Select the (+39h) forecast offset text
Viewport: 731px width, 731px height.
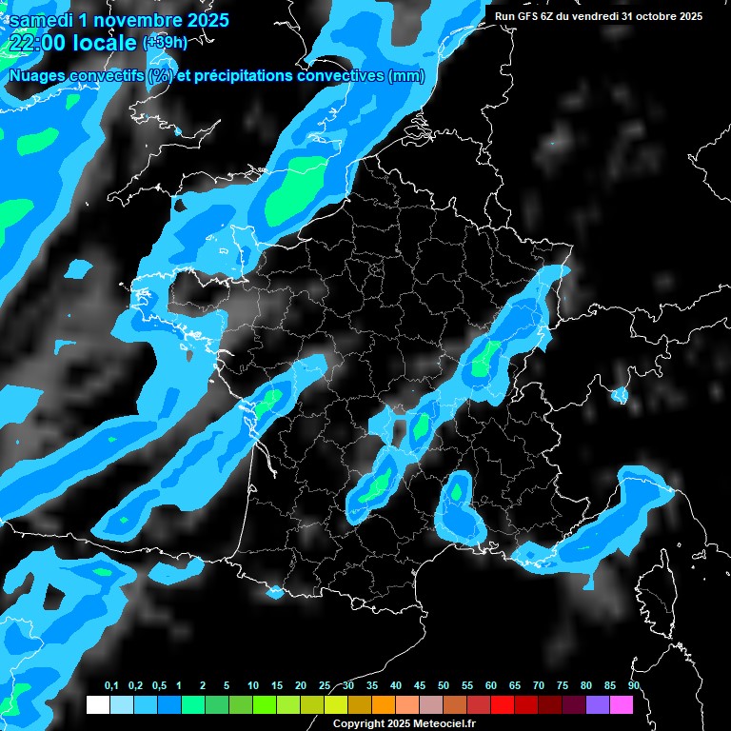(164, 42)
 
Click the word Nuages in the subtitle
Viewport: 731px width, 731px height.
(39, 76)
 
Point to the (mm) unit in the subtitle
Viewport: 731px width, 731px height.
(406, 76)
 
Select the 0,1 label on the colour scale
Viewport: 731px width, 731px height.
(110, 686)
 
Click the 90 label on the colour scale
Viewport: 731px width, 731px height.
(633, 686)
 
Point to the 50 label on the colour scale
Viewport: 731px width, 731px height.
(443, 686)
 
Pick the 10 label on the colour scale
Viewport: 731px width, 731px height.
(252, 686)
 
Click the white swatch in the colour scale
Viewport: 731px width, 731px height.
(97, 704)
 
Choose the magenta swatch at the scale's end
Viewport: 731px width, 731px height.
(621, 704)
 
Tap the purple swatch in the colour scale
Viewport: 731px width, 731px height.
(597, 704)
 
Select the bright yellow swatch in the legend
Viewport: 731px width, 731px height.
(335, 704)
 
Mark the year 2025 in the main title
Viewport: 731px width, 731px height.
(203, 19)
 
